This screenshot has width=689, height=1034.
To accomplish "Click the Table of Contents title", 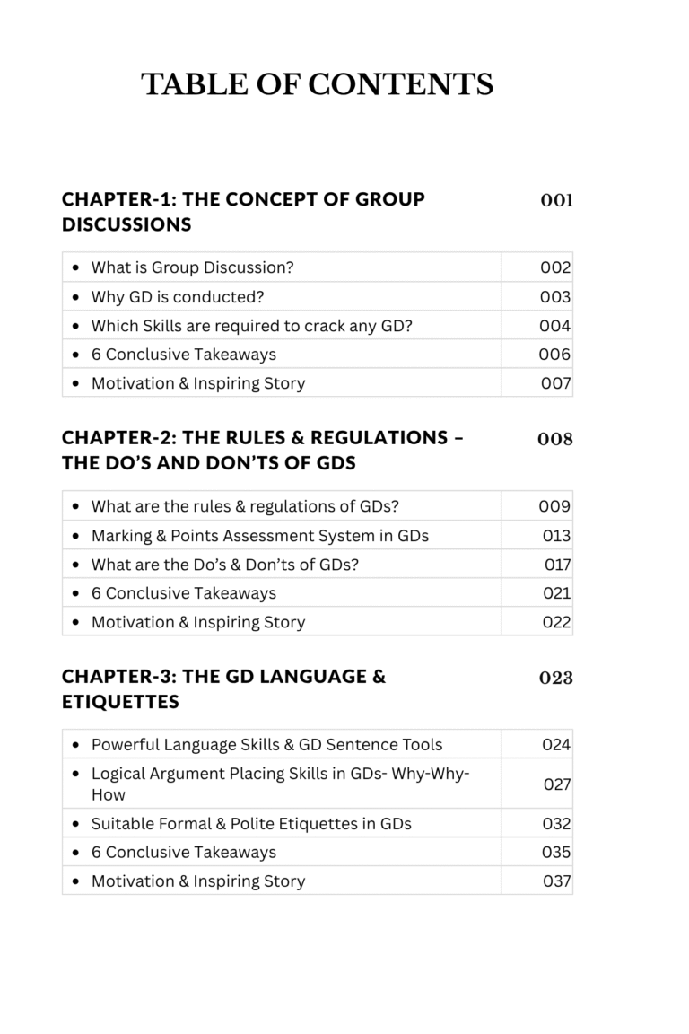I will point(317,84).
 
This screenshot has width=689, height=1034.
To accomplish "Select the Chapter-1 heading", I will point(243,211).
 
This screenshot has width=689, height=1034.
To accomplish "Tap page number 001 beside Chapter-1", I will point(556,200).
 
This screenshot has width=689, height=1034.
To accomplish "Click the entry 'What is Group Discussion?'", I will point(192,267).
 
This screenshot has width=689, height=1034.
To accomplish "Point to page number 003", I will point(555,296).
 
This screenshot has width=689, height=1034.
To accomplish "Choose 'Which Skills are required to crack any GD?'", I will point(251,325).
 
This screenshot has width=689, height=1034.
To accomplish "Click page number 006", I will point(554,354).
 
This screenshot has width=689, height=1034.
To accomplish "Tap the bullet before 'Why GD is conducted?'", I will point(74,296).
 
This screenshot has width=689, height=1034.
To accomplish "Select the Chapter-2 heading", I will point(263,450).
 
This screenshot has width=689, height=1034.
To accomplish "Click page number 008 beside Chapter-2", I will point(555,439).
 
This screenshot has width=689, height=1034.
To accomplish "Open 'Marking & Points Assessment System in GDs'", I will point(259,535).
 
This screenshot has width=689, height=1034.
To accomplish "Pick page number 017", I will point(557,565).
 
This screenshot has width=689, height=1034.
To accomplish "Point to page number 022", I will point(556,622).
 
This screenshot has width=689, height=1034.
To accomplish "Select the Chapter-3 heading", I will point(223,688).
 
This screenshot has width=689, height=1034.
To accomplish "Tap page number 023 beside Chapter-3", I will point(556,678).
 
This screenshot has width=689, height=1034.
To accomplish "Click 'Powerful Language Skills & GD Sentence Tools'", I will point(266,744).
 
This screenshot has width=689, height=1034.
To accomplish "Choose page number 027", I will point(557,784).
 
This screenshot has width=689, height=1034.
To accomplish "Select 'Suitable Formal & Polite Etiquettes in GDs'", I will point(251,823).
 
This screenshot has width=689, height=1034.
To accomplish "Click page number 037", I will point(557,881).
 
